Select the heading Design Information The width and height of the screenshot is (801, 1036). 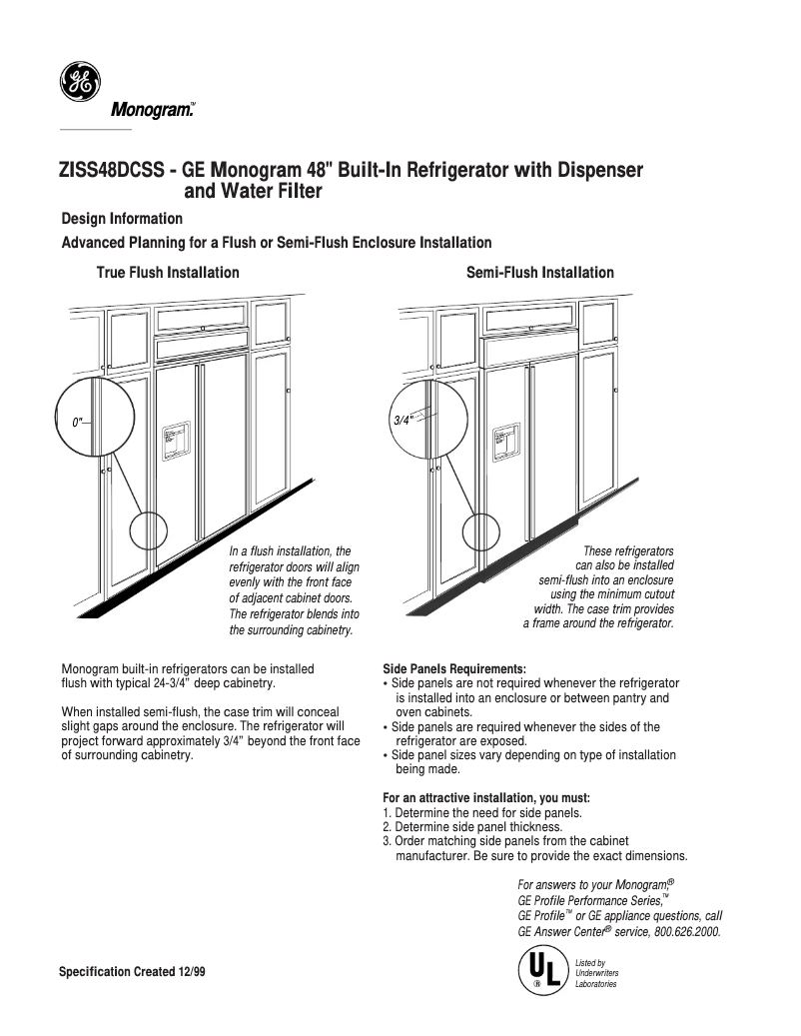tap(122, 218)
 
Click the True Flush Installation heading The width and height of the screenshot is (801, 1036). tap(167, 273)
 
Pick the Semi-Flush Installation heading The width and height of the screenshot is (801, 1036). tap(539, 273)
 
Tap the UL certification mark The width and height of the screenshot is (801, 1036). tap(540, 970)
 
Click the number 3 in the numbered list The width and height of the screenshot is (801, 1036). tap(387, 841)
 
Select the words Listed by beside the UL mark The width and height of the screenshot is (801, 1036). tap(591, 963)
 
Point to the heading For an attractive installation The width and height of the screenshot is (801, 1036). tap(486, 797)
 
